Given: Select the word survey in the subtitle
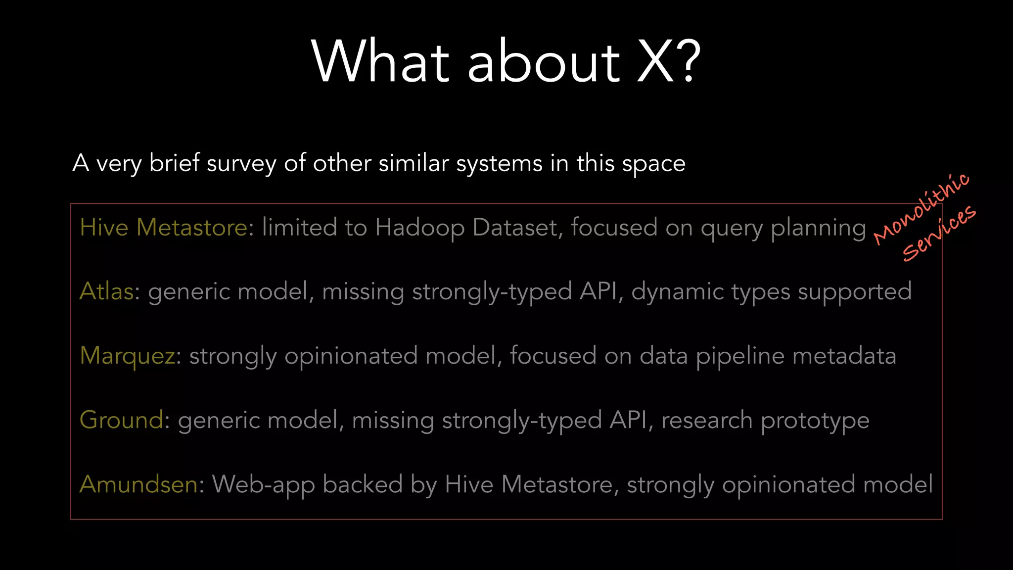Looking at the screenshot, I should point(241,164).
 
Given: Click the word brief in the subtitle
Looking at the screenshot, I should point(174,163).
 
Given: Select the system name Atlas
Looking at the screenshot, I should point(106,291).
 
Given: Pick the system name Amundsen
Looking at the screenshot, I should point(139,484).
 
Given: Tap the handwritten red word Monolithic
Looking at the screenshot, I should point(921,209).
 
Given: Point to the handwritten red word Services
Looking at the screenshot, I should point(939,233).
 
